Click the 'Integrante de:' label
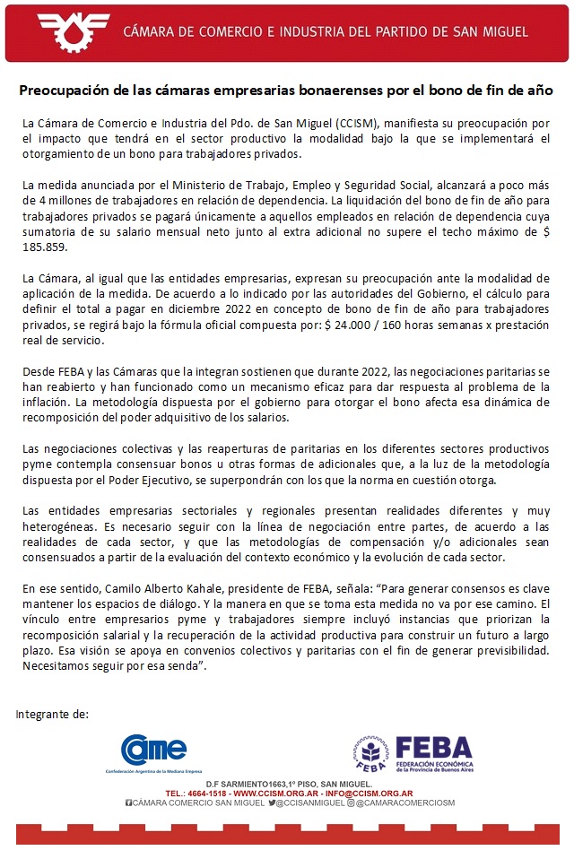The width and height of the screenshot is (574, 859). pos(53,715)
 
